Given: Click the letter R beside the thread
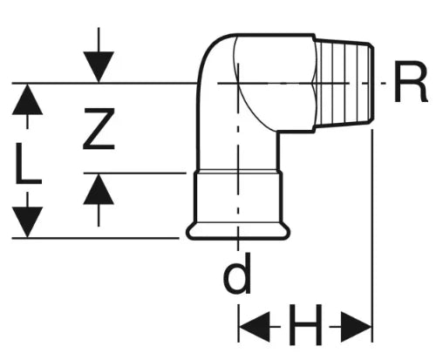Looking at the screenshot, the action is tap(410, 83).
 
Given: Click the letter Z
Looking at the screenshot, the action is tap(99, 129).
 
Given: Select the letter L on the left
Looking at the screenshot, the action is tap(28, 164).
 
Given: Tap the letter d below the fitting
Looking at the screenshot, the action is tap(237, 274).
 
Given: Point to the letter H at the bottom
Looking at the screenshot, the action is tap(305, 324).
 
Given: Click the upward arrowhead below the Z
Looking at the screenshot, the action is tap(99, 189).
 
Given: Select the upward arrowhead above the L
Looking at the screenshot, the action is tap(27, 99).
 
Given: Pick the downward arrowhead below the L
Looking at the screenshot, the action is tap(27, 222).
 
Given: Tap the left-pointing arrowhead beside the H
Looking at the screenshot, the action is tap(254, 327).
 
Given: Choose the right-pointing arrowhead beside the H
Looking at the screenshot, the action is tap(357, 327).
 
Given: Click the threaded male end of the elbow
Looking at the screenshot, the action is tap(343, 83).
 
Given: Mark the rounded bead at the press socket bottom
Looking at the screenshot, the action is tap(238, 231).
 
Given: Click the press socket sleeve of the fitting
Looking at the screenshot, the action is tap(238, 198).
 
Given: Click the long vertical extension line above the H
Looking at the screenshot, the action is tap(372, 237).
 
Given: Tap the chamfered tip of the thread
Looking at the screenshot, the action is tap(371, 83).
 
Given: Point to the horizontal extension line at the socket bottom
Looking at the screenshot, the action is tap(95, 238).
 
